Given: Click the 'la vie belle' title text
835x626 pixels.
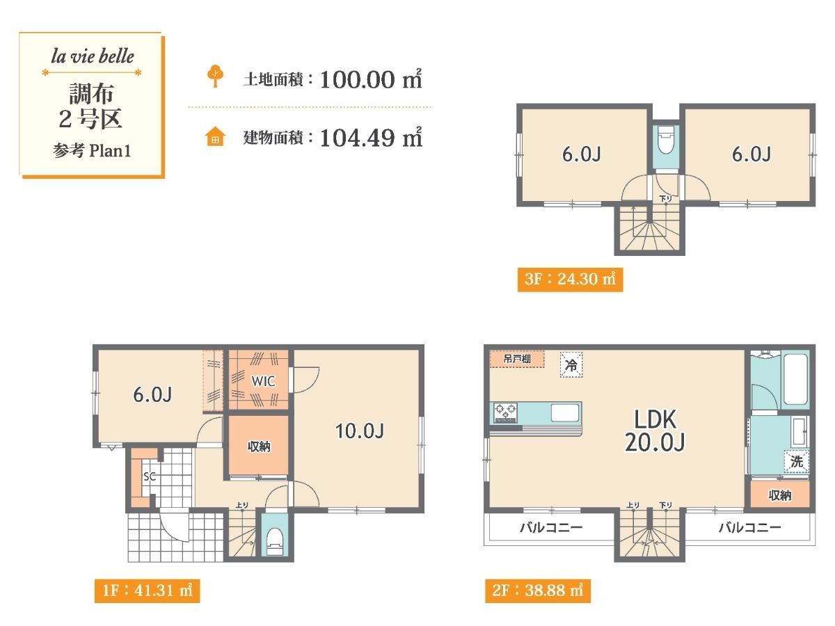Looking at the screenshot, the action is tap(93, 56).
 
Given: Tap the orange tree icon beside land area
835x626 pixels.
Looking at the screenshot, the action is tap(215, 76).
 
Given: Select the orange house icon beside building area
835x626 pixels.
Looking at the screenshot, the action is tap(215, 136).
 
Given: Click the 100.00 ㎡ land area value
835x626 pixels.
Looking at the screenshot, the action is tap(372, 79).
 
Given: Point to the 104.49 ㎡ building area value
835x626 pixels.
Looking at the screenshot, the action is tap(372, 137).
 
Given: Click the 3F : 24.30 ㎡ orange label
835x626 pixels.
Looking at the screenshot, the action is tap(570, 280).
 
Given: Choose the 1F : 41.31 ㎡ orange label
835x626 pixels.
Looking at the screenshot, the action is tap(148, 591).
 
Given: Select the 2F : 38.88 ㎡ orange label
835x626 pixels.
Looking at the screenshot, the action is tap(538, 591).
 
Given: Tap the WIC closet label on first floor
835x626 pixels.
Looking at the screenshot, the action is tap(263, 381).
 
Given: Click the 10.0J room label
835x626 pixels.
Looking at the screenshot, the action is tap(360, 431).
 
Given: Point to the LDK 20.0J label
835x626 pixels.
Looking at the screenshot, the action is tap(655, 431).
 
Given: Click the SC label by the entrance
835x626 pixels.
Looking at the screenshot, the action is tap(150, 476).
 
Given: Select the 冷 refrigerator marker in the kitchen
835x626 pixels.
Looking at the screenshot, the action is tap(571, 365).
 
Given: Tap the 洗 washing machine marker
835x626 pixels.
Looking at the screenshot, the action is tap(797, 461).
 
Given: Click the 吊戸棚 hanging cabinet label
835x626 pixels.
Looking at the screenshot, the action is tap(517, 359).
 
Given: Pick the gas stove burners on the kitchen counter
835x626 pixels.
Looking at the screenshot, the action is tap(504, 412).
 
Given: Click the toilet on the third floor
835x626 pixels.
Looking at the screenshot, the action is tap(666, 140).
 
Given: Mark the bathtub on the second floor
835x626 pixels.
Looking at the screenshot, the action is tap(795, 379).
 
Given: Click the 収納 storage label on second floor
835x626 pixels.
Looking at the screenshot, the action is tap(780, 495).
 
